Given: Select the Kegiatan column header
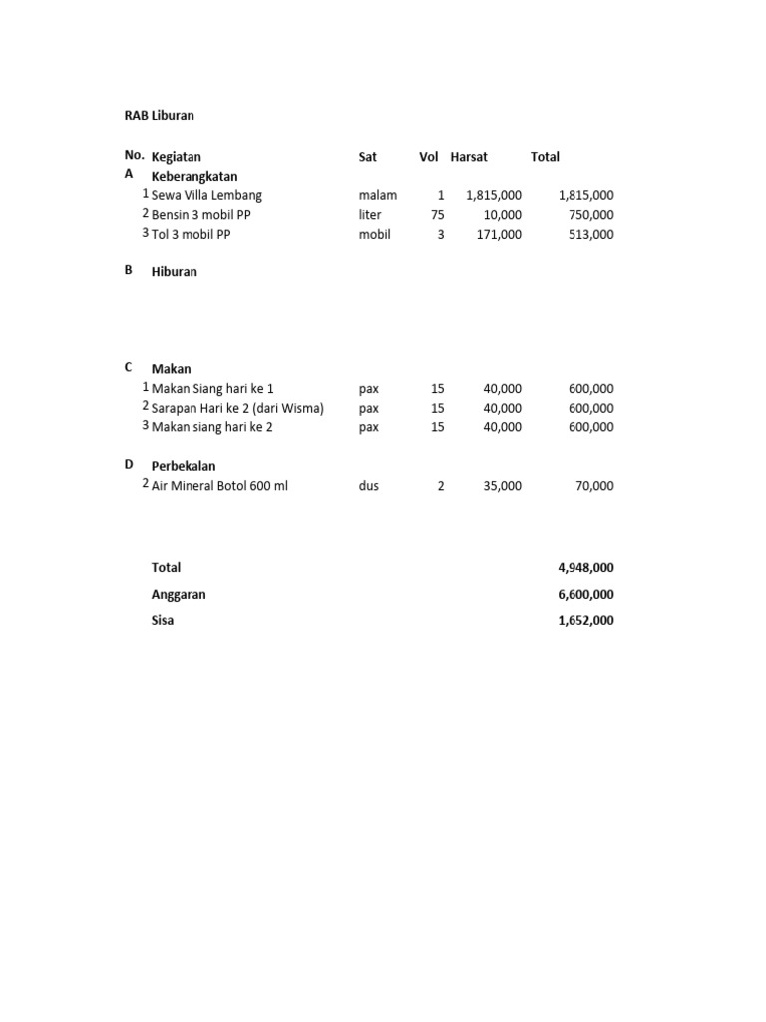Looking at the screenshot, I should pyautogui.click(x=176, y=157).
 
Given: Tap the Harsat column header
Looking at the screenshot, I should pyautogui.click(x=469, y=157).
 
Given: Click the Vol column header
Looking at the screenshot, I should pyautogui.click(x=429, y=157).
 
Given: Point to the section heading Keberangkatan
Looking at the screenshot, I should pyautogui.click(x=194, y=176).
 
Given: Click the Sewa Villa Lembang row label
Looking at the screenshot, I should pyautogui.click(x=206, y=196).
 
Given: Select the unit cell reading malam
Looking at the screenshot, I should pyautogui.click(x=378, y=196).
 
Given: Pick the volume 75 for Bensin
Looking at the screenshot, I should pyautogui.click(x=437, y=215).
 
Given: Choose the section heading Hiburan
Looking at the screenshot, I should pyautogui.click(x=175, y=272).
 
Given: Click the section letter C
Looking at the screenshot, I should pyautogui.click(x=129, y=368).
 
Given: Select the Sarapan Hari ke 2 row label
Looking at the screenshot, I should pyautogui.click(x=237, y=408).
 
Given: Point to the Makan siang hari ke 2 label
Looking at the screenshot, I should pyautogui.click(x=211, y=427).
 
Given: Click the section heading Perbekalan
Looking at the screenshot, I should pyautogui.click(x=184, y=466).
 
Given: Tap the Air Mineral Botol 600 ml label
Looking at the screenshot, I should pyautogui.click(x=219, y=487).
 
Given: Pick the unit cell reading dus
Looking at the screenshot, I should pyautogui.click(x=369, y=487).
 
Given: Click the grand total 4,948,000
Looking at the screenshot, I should pyautogui.click(x=585, y=568).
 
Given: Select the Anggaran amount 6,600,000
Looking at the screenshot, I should pyautogui.click(x=585, y=595).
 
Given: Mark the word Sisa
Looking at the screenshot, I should pyautogui.click(x=163, y=621).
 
